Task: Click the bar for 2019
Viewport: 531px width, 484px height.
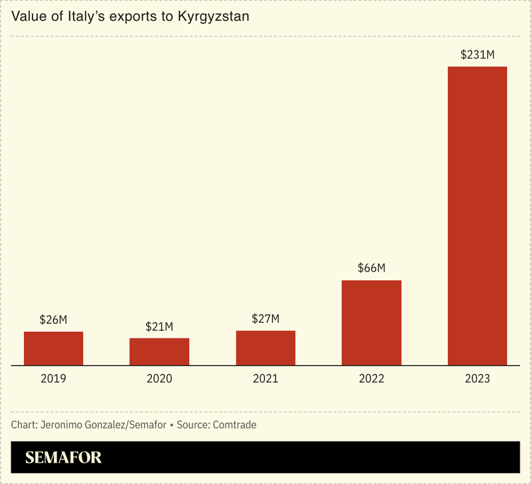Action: (x=53, y=349)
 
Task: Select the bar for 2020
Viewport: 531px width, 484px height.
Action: (x=159, y=352)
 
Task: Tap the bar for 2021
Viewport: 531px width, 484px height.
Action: (x=265, y=348)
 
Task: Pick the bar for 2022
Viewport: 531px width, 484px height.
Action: (x=371, y=323)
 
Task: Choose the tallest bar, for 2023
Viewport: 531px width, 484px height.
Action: (x=477, y=216)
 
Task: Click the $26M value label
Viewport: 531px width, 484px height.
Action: (x=53, y=320)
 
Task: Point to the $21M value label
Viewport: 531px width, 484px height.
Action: (x=159, y=327)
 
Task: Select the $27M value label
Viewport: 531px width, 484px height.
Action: (x=265, y=319)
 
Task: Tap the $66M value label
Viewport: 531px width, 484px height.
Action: (x=371, y=268)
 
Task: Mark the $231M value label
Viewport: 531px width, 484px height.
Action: (x=477, y=54)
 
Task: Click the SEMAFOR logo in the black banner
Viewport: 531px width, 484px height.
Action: (x=63, y=457)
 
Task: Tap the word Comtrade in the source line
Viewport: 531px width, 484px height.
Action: (x=234, y=424)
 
